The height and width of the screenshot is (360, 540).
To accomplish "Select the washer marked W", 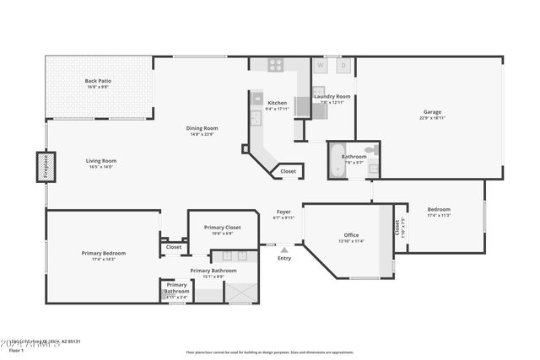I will point(321,65).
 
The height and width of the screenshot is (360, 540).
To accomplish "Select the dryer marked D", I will point(343,65).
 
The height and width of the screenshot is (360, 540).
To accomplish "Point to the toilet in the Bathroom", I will point(370,152).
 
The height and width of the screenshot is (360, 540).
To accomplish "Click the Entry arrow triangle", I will point(284,250).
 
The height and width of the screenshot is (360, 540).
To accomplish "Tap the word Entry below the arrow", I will point(284,258).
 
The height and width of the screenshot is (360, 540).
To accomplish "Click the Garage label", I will point(432,112).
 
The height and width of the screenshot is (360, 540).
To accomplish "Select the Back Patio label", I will point(98,81).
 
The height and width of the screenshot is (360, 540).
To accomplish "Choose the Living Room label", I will point(100,160).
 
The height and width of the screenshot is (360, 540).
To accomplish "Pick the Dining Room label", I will point(202,128).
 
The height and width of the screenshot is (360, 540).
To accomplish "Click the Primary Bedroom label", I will point(103,253).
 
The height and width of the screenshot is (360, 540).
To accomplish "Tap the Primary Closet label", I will point(223,227).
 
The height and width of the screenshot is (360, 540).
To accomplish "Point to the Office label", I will point(352,235).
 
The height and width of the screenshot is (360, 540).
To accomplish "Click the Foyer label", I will point(283,212).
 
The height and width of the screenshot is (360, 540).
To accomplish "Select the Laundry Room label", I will point(332,96).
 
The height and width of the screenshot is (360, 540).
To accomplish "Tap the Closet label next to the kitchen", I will point(288,171).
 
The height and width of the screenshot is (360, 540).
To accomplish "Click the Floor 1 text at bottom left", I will point(16,350).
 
